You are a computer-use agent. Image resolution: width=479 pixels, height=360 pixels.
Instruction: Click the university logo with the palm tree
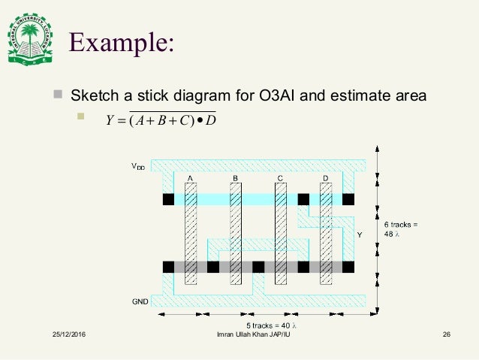tap(30, 41)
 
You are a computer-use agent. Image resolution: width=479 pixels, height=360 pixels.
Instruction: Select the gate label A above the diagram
tap(191, 177)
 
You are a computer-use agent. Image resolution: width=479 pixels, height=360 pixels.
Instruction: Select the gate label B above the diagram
tap(235, 177)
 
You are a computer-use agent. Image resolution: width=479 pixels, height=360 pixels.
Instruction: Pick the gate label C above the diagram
tap(280, 177)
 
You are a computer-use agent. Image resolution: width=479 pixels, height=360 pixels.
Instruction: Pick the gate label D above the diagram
tap(326, 177)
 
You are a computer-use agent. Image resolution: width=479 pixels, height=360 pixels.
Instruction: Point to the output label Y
tap(359, 235)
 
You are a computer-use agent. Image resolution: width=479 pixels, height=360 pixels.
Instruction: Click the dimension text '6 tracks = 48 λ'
tap(400, 228)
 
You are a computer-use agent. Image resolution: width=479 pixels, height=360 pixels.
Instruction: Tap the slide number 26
tap(445, 334)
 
